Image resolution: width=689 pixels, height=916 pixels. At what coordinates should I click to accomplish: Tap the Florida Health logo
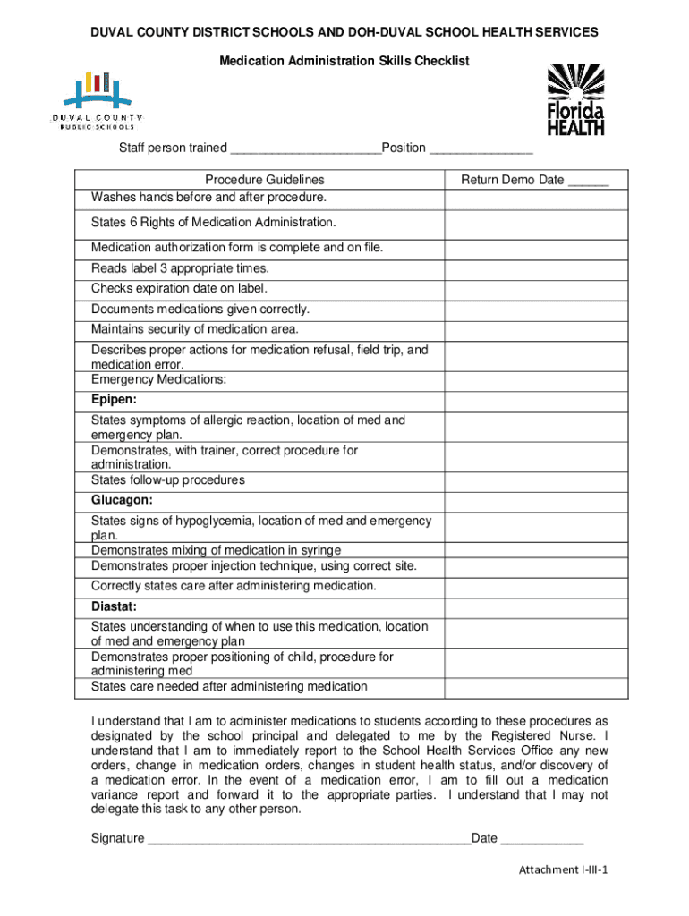tap(575, 99)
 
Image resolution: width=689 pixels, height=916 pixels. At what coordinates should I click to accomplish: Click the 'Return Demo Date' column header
tap(534, 180)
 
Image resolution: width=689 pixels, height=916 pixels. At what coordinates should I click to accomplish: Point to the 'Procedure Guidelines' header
tap(264, 180)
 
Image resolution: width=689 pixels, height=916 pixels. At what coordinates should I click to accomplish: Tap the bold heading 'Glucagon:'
tap(122, 500)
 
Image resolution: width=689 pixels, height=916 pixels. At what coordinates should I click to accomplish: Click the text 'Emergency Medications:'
tap(158, 379)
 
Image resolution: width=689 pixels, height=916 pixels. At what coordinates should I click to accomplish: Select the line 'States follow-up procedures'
tap(167, 480)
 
